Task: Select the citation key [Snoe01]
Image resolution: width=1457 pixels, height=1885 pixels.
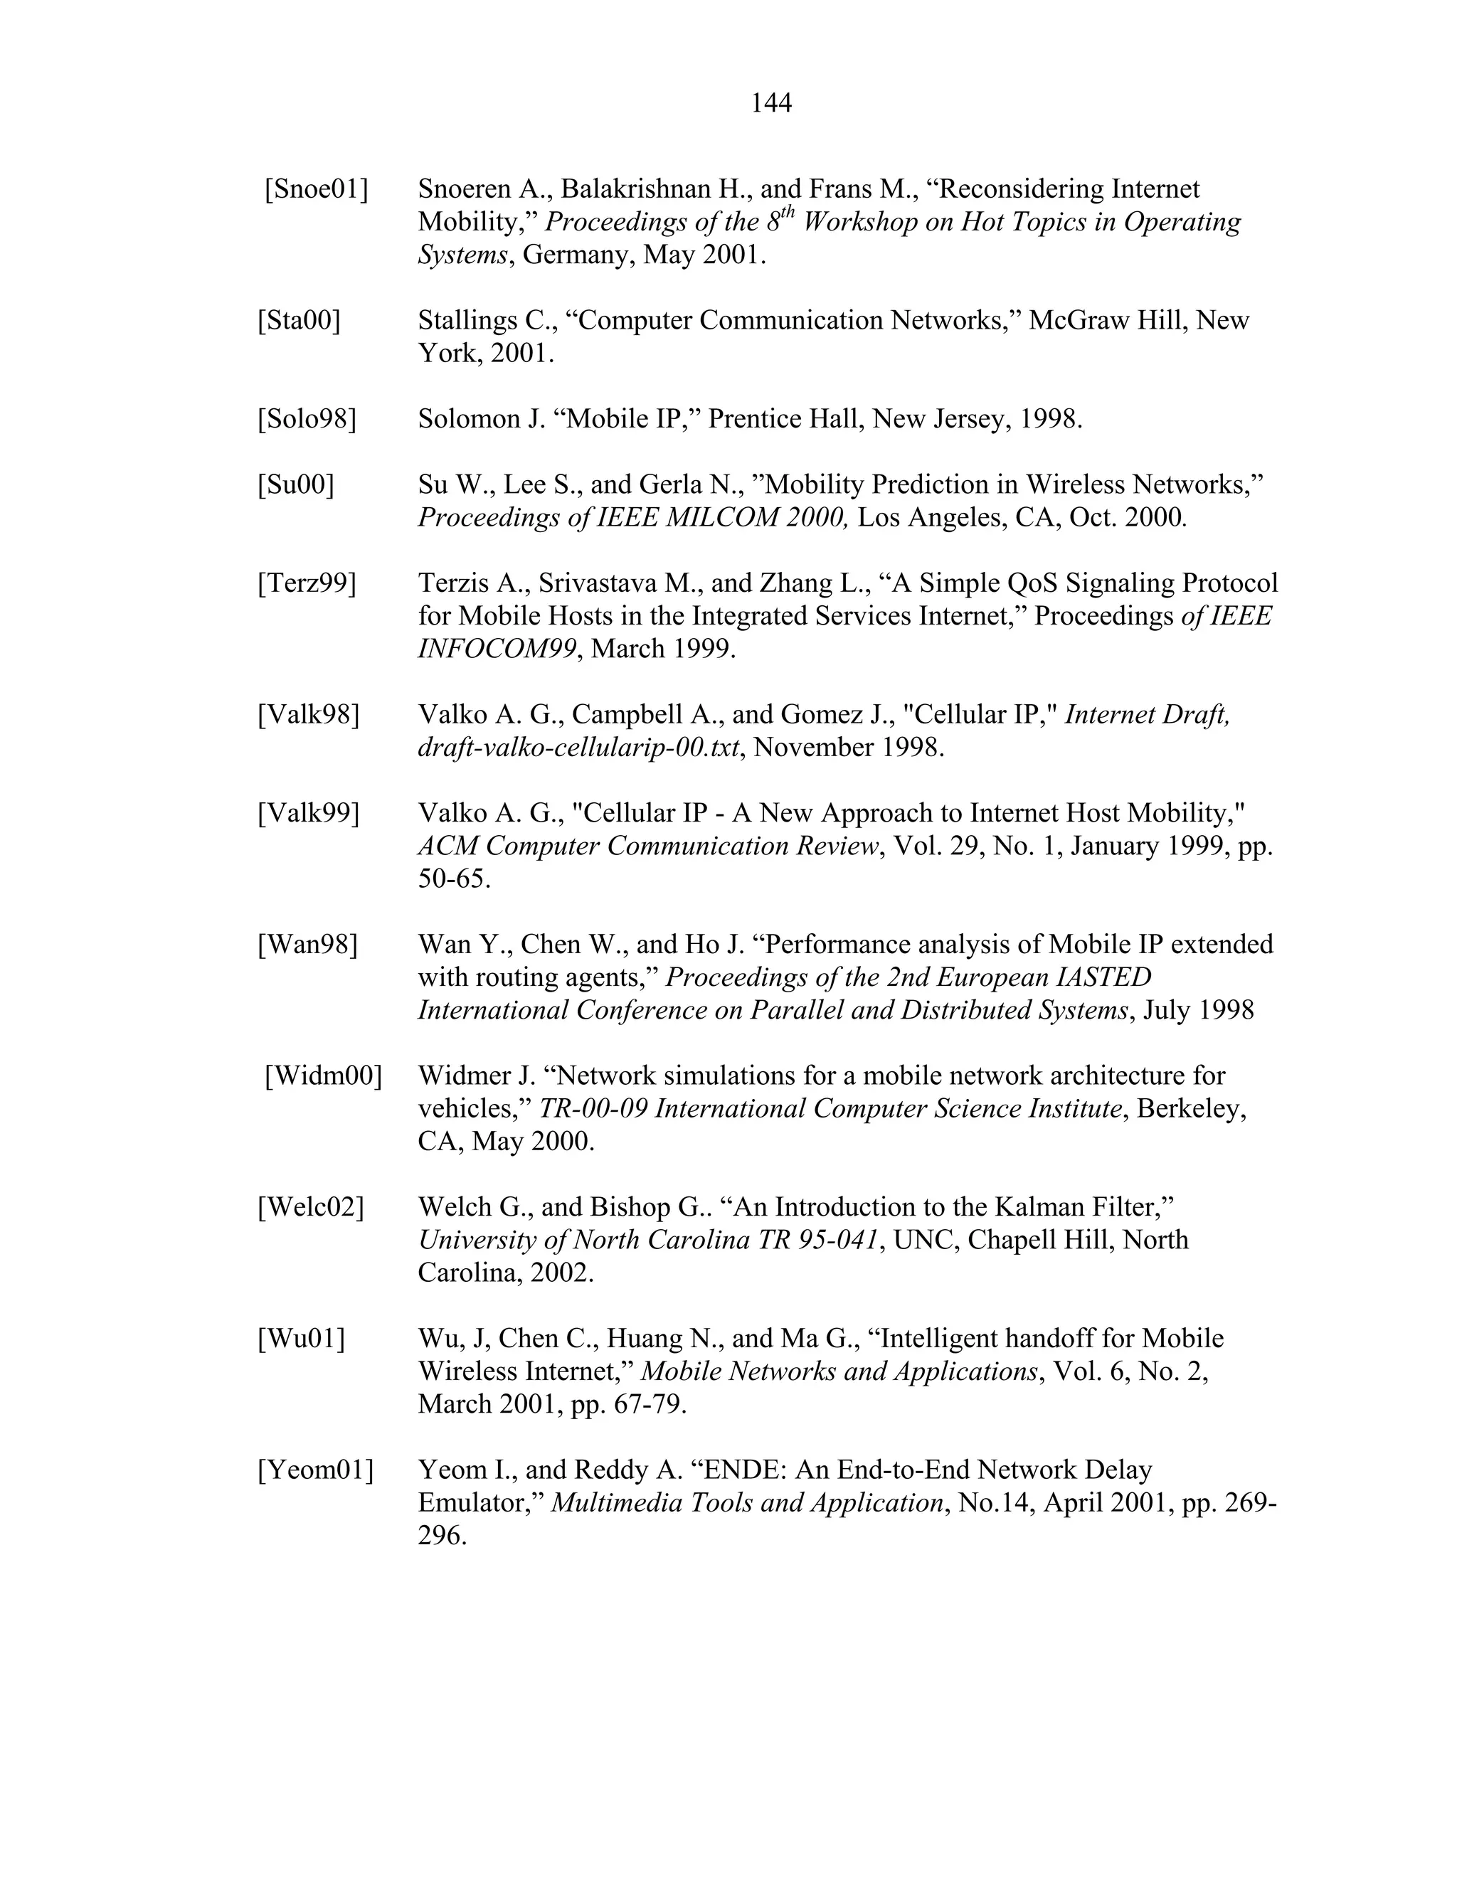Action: pos(316,189)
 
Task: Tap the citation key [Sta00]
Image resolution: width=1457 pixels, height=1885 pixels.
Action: pos(299,320)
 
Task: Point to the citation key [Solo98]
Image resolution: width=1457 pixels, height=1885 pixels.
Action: pos(307,418)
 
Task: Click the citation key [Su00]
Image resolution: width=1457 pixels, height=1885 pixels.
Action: pos(295,484)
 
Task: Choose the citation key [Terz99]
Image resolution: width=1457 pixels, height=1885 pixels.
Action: pos(307,583)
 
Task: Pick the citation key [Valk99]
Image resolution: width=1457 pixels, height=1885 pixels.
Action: pos(308,813)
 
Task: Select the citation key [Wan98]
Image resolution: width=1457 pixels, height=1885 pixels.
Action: pos(307,944)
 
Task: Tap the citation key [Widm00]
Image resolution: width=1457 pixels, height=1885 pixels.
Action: pos(323,1076)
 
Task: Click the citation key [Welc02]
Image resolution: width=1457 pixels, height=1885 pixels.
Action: pos(311,1206)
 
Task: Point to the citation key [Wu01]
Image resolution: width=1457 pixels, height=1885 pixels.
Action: pos(300,1339)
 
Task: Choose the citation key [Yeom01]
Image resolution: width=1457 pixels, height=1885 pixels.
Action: pos(316,1470)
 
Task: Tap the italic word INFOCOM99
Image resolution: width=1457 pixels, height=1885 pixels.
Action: pos(497,649)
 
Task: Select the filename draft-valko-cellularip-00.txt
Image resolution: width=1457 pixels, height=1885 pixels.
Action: pos(578,748)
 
